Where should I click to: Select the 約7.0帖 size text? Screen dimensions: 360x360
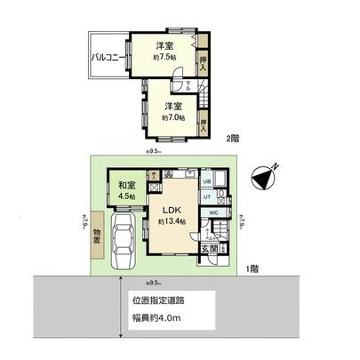pyautogui.click(x=173, y=116)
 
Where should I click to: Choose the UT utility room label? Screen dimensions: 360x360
pyautogui.click(x=206, y=196)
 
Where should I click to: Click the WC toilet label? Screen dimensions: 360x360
pyautogui.click(x=213, y=213)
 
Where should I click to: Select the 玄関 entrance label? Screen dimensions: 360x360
pyautogui.click(x=207, y=249)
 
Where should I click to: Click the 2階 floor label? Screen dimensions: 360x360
pyautogui.click(x=233, y=138)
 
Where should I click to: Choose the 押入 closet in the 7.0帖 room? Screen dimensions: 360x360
pyautogui.click(x=204, y=124)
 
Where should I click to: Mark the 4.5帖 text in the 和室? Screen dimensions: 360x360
pyautogui.click(x=126, y=198)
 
